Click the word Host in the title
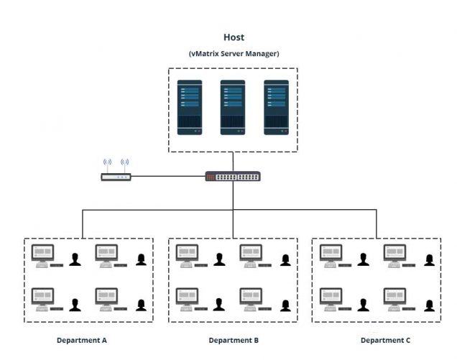(x=234, y=37)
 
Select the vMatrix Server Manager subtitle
(x=234, y=54)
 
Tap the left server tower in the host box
(x=190, y=106)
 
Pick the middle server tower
(x=233, y=106)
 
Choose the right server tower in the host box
(x=276, y=106)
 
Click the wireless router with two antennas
(x=115, y=175)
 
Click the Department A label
(x=82, y=340)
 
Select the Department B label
(x=234, y=340)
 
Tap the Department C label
(x=385, y=340)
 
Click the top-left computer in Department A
(x=43, y=255)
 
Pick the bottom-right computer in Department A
(x=106, y=297)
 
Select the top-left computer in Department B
(x=188, y=255)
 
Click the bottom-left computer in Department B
(x=188, y=297)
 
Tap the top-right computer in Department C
(x=394, y=255)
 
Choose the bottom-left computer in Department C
(x=331, y=297)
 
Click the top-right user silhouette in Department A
(x=141, y=259)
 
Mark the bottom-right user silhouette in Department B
(x=285, y=305)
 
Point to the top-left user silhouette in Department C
(x=364, y=259)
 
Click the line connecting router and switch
(x=168, y=176)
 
